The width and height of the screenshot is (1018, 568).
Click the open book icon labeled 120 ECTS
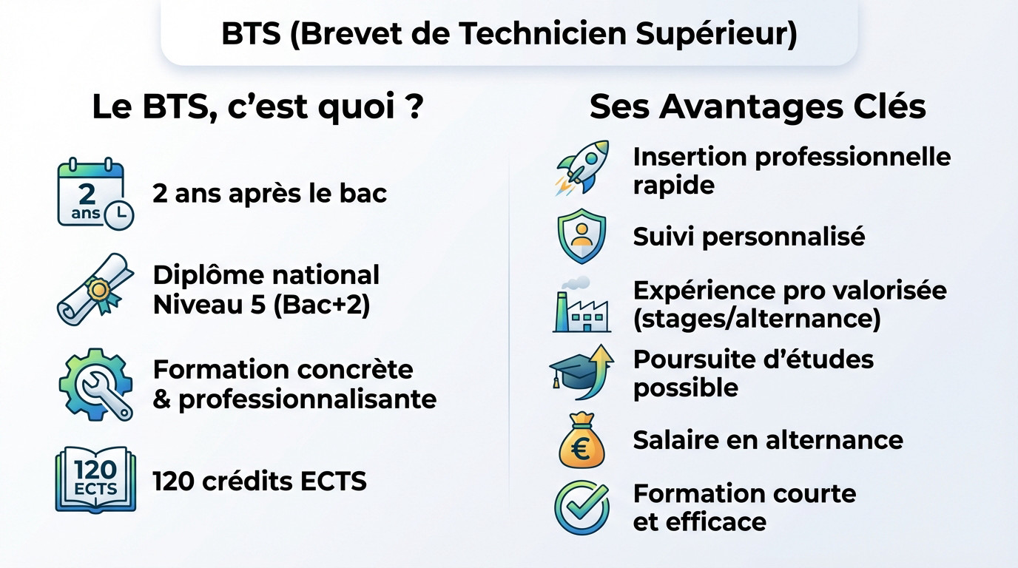tap(95, 479)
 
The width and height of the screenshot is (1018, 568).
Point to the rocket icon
tap(582, 167)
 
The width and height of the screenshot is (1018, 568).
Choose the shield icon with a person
tap(581, 237)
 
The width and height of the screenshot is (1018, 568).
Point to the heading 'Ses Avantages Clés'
tap(758, 106)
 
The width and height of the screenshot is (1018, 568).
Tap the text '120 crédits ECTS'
tap(260, 481)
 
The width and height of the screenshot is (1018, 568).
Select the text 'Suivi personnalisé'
tap(749, 237)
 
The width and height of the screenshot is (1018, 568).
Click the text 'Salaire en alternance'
tap(768, 440)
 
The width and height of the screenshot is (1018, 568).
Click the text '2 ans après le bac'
tap(270, 194)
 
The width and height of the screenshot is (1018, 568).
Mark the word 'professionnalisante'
tap(308, 399)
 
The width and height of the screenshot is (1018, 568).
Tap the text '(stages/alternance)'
tap(757, 319)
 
